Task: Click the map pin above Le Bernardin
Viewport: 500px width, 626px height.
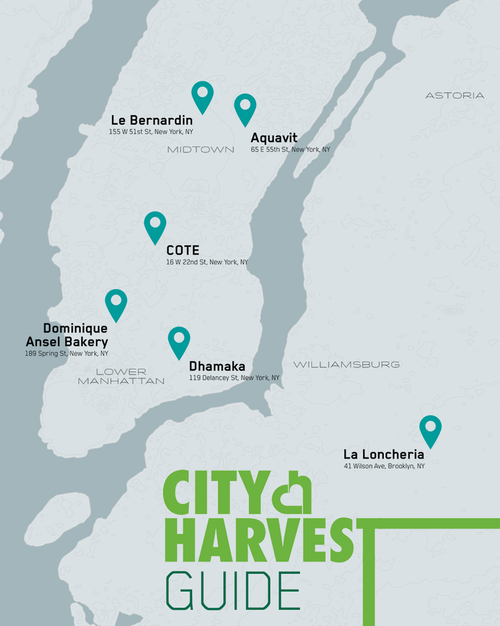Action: click(x=202, y=95)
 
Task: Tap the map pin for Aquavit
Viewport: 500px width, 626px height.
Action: click(x=245, y=107)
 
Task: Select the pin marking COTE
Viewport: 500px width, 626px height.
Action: click(x=155, y=225)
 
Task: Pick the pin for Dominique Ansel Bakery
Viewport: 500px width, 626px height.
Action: click(x=116, y=303)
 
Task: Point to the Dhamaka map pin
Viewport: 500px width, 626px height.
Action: click(x=179, y=340)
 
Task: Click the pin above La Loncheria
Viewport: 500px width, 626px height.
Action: click(x=430, y=429)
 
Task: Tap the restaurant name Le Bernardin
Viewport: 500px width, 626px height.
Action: click(x=152, y=120)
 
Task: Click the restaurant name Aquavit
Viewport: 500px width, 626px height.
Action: click(x=273, y=138)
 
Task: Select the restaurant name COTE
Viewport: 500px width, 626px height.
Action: click(x=182, y=250)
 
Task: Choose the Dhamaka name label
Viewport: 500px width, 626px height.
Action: click(x=217, y=366)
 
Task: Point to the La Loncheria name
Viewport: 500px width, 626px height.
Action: click(x=384, y=454)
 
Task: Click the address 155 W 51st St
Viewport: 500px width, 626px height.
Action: click(x=151, y=131)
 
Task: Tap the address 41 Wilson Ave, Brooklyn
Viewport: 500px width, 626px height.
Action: click(x=384, y=466)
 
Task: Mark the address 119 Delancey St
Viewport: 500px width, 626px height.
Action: click(x=234, y=378)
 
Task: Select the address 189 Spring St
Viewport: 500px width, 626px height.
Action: click(x=67, y=354)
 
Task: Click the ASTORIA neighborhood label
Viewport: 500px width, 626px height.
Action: click(x=454, y=95)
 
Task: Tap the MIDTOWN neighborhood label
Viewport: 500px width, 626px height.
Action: click(x=201, y=149)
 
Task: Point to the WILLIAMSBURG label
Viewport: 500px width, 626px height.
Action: click(x=346, y=364)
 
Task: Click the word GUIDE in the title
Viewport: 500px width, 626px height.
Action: click(x=232, y=591)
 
